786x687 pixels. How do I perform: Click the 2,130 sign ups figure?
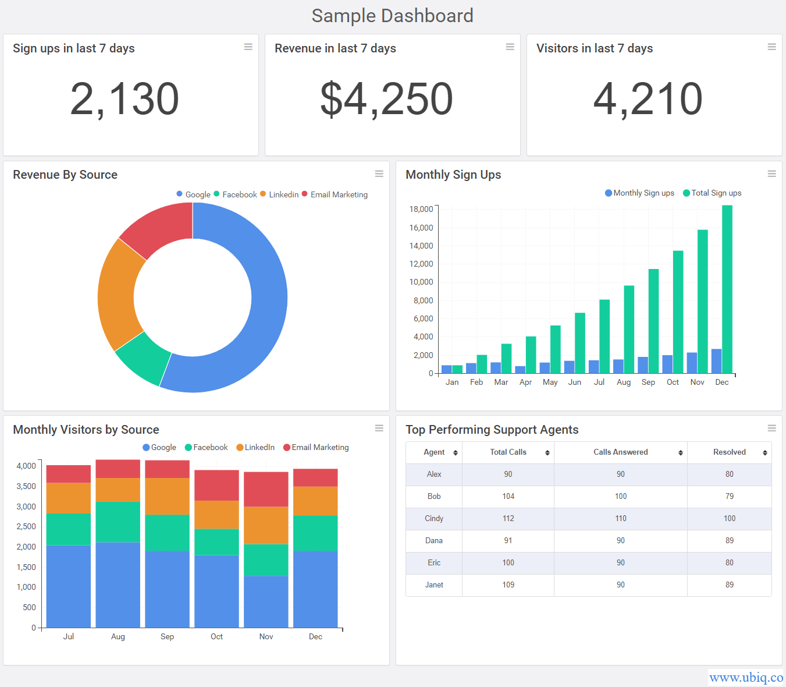tap(125, 99)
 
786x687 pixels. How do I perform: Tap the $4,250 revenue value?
tap(386, 99)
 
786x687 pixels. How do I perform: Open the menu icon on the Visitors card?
tap(771, 47)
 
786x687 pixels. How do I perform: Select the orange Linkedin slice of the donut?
tap(119, 294)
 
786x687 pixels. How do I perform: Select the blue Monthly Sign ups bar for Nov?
tap(692, 363)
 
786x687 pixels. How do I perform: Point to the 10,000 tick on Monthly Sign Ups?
tap(421, 282)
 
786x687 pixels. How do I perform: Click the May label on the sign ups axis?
tap(550, 383)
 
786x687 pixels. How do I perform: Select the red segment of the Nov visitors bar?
tap(266, 489)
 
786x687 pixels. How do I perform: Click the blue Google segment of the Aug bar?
tap(118, 585)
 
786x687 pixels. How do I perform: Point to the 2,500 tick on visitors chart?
tap(26, 527)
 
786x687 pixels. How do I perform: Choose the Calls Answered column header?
tap(620, 452)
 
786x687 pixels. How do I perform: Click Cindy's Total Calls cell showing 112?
tap(508, 519)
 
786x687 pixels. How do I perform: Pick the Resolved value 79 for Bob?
tap(729, 497)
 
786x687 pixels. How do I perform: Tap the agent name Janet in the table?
tap(434, 585)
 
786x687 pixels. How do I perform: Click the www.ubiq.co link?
tap(746, 678)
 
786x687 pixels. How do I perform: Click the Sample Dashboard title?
tap(392, 16)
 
